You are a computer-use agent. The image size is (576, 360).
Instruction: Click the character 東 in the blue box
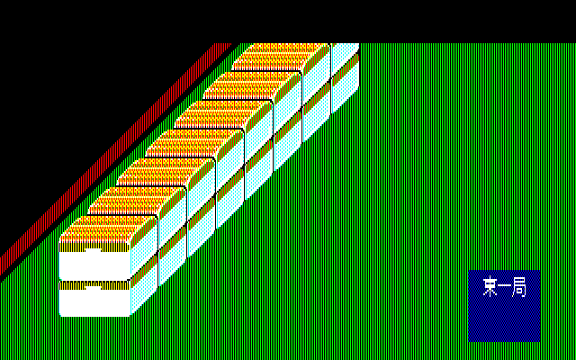pyautogui.click(x=490, y=287)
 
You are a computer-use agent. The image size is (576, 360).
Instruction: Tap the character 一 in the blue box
pyautogui.click(x=504, y=286)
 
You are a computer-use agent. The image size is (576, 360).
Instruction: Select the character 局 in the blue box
pyautogui.click(x=519, y=287)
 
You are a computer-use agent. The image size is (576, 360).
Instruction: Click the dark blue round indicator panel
pyautogui.click(x=504, y=306)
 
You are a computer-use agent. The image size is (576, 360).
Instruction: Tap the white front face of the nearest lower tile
pyautogui.click(x=94, y=303)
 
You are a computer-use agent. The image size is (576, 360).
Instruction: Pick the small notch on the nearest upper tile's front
pyautogui.click(x=93, y=250)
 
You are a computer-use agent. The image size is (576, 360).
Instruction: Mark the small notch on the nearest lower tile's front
pyautogui.click(x=93, y=288)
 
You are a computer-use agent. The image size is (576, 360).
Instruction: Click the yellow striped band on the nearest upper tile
pyautogui.click(x=94, y=247)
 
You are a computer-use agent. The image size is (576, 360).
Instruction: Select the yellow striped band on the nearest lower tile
pyautogui.click(x=94, y=285)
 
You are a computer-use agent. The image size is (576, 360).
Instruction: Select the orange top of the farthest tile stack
pyautogui.click(x=281, y=57)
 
